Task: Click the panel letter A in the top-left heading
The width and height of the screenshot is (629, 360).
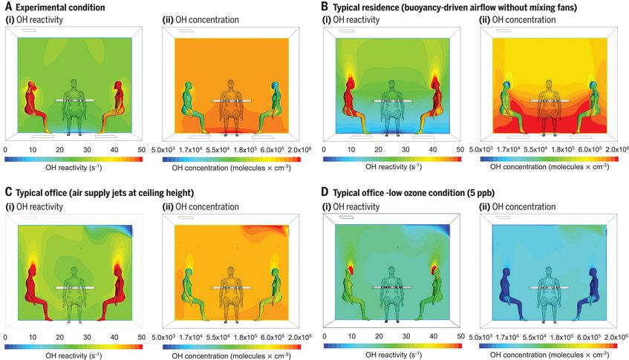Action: point(8,7)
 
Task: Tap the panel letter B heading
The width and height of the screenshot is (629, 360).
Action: point(325,7)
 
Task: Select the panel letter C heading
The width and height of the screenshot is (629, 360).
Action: point(8,193)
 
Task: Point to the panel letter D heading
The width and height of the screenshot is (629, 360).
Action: point(325,193)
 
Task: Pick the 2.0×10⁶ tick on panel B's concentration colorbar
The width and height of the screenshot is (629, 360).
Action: point(616,150)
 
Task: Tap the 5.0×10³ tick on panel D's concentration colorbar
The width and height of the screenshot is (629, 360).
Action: point(492,336)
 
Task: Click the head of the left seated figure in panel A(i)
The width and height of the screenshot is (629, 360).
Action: point(30,86)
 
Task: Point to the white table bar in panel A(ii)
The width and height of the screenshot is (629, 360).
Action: point(230,100)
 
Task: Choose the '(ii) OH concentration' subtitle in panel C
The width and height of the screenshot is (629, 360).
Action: point(201,206)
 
